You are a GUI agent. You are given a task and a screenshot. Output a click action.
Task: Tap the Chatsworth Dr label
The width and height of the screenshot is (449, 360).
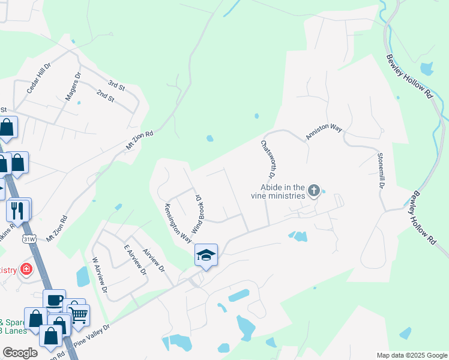267,160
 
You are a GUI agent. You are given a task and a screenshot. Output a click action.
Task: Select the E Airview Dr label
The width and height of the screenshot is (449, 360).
135,259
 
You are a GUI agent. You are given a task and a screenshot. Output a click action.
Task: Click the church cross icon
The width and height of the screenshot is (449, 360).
313,191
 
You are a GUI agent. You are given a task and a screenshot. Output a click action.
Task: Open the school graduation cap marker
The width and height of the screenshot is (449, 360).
205,255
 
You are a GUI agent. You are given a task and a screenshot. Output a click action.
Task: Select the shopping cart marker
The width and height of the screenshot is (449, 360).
78,314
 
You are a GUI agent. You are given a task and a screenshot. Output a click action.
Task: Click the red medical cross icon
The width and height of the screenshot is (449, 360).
26,269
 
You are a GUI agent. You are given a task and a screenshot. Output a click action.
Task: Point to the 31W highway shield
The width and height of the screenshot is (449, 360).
28,239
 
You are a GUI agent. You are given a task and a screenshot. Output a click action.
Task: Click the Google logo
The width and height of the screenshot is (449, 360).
20,353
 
